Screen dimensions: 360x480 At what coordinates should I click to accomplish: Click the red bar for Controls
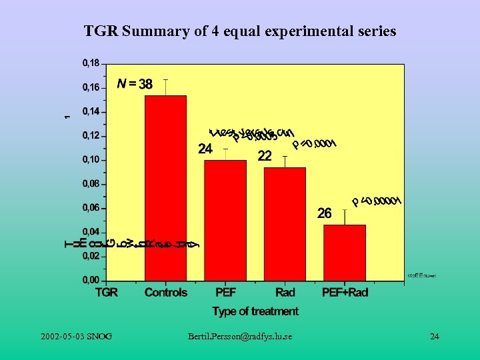[165, 188]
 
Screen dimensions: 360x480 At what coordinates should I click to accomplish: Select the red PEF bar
[225, 220]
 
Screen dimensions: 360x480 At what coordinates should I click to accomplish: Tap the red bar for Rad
[285, 224]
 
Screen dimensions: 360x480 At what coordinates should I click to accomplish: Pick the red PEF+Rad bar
[345, 253]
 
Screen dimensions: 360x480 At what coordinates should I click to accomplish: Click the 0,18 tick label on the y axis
[91, 63]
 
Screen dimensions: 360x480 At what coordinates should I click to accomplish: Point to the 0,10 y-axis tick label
[91, 159]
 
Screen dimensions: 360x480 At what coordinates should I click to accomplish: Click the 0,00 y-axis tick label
[91, 280]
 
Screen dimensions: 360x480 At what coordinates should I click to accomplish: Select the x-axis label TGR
[107, 292]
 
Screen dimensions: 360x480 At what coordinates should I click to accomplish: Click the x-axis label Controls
[166, 292]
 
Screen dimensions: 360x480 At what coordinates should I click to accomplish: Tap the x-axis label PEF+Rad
[345, 292]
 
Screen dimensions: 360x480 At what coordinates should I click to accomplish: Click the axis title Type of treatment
[255, 311]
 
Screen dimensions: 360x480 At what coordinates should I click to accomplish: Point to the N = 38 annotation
[135, 84]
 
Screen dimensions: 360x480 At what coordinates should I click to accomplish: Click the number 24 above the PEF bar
[205, 149]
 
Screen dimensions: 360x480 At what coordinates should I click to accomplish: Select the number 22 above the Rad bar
[265, 156]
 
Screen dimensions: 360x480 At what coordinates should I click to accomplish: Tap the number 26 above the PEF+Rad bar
[324, 213]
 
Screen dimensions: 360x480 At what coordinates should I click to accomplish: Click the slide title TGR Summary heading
[240, 31]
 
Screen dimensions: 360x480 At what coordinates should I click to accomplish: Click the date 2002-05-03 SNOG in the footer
[76, 337]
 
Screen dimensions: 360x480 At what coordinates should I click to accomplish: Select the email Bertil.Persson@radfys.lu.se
[240, 337]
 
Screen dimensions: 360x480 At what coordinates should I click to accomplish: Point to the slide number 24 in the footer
[435, 337]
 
